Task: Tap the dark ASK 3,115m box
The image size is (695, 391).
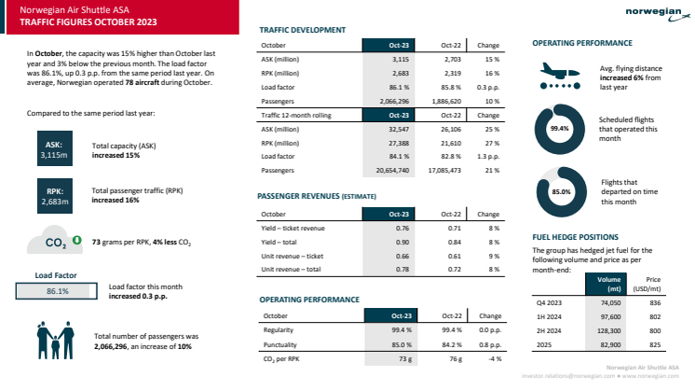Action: (54, 150)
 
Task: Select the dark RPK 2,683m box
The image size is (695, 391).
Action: (54, 194)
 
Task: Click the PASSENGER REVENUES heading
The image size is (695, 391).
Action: (301, 198)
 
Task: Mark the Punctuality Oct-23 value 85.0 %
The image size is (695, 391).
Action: (385, 344)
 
